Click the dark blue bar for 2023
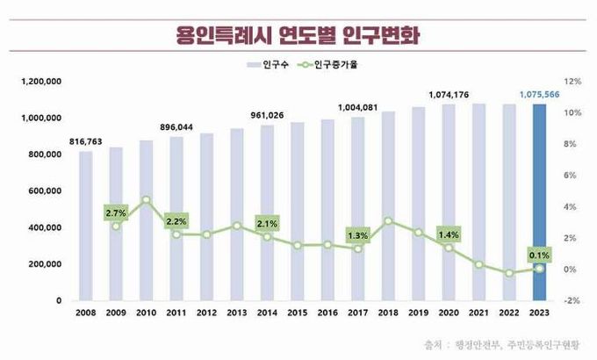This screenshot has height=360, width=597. [540, 203]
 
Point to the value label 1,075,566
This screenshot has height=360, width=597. [539, 93]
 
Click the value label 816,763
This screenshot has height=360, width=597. [85, 140]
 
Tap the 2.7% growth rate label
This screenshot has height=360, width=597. [116, 212]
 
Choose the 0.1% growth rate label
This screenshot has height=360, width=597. [540, 256]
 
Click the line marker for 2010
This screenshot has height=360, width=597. [147, 200]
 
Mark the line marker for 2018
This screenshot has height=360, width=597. [388, 221]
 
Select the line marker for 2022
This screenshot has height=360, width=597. [509, 273]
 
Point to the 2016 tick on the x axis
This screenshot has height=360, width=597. [327, 313]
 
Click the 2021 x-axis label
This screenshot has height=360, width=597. [478, 313]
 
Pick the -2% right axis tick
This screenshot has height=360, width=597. [571, 300]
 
